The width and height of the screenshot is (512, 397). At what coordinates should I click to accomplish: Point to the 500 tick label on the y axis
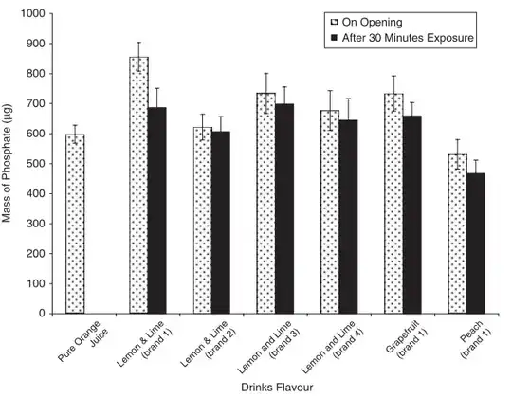[36, 164]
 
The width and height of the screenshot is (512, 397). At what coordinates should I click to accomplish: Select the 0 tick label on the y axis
[43, 314]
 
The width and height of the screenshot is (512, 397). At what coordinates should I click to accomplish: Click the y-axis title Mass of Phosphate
[9, 163]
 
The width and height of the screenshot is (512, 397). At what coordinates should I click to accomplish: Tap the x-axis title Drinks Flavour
[276, 388]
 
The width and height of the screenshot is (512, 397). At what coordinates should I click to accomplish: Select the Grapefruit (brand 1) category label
[400, 341]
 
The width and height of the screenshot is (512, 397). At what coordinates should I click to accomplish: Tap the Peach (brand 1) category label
[466, 339]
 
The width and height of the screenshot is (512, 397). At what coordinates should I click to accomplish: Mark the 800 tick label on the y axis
[36, 74]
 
